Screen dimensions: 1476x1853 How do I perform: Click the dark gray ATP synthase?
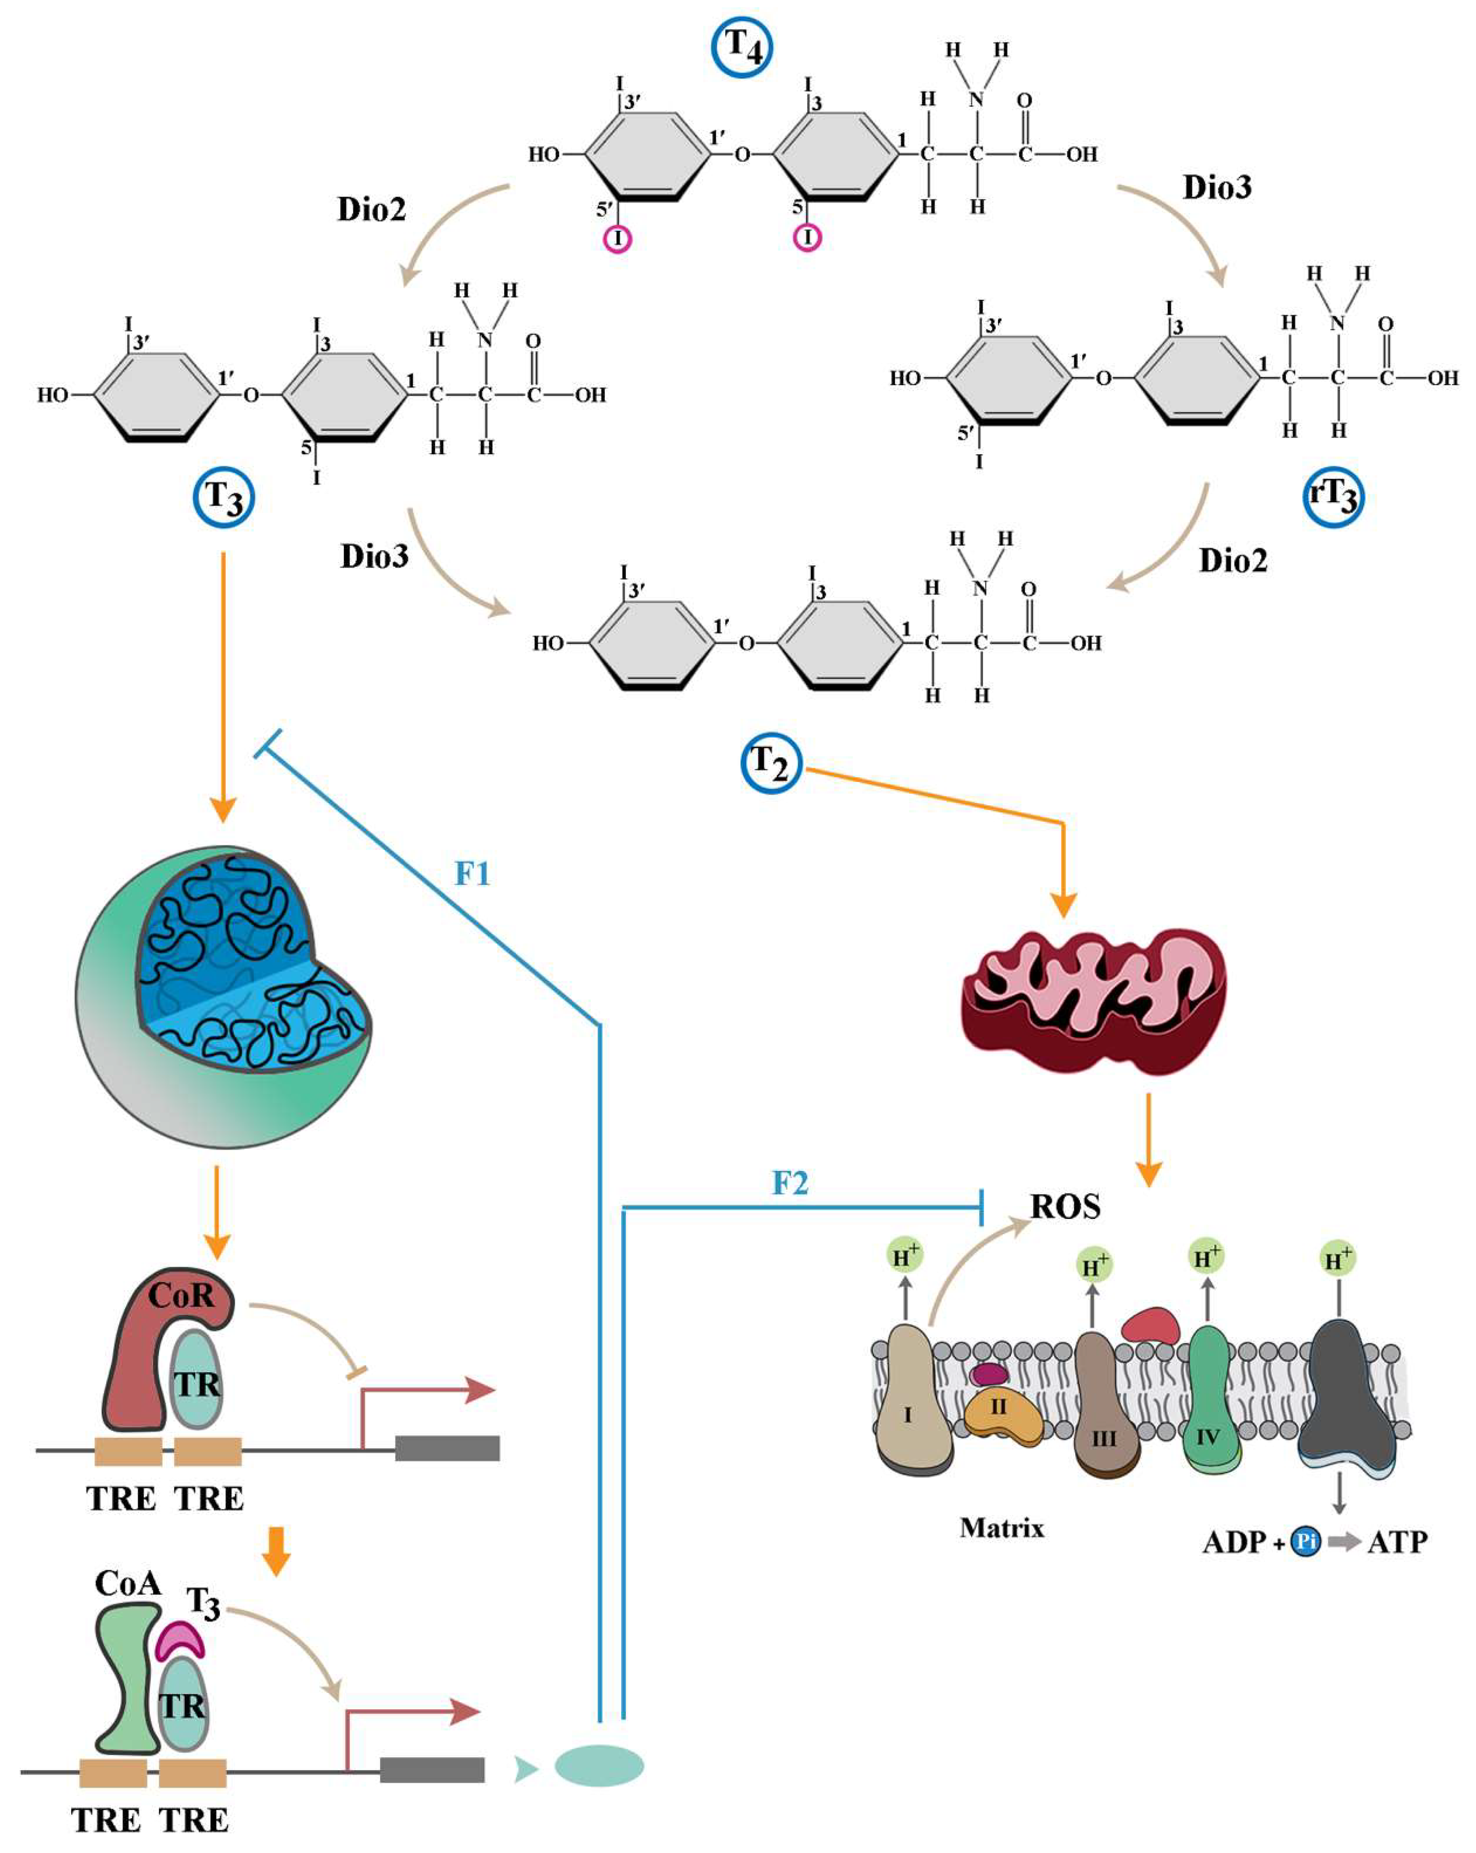click(1345, 1399)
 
